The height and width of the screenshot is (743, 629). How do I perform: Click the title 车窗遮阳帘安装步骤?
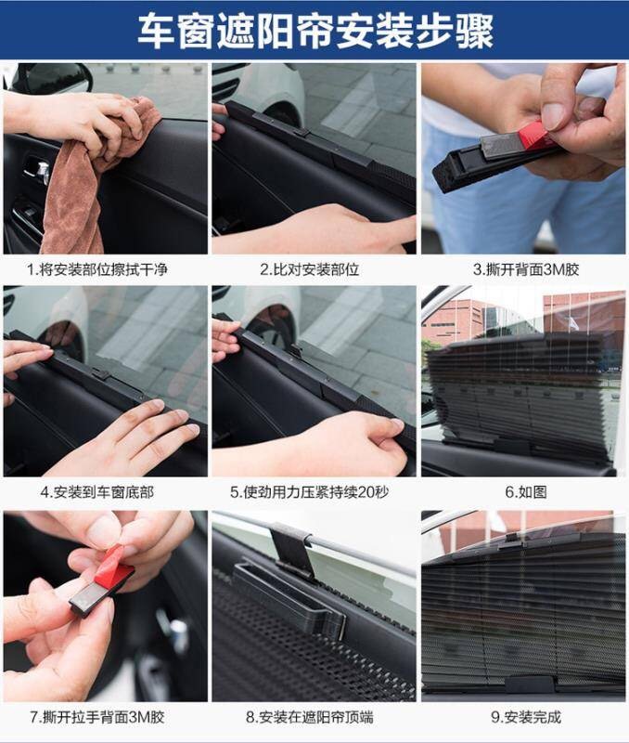tap(315, 31)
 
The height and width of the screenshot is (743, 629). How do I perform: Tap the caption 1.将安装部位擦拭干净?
tap(97, 269)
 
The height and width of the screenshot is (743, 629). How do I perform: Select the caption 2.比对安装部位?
tap(310, 269)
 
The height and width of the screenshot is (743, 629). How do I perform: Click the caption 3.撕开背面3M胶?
tap(526, 269)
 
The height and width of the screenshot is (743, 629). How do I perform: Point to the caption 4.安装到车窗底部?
tap(97, 492)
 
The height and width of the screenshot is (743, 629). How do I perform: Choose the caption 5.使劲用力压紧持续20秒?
tap(310, 492)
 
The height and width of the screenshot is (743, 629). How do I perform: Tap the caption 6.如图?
tap(526, 492)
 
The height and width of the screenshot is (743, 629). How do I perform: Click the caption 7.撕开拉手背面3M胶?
tap(97, 717)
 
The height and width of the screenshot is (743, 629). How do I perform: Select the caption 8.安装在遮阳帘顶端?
tap(310, 717)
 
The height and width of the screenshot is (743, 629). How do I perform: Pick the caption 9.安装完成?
tap(526, 717)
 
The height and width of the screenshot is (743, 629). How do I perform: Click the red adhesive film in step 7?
tap(112, 566)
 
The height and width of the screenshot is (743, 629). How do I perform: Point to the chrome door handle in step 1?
tap(38, 170)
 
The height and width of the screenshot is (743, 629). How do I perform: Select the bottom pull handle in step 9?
tap(529, 684)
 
